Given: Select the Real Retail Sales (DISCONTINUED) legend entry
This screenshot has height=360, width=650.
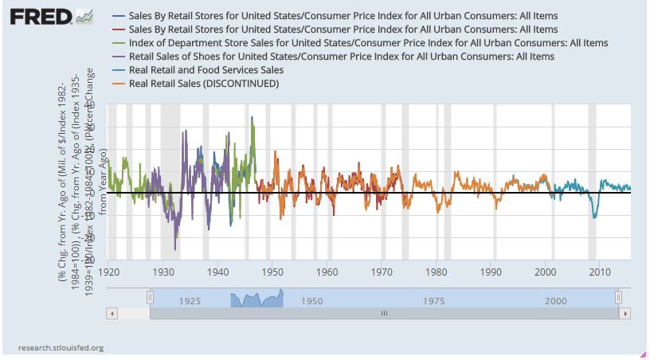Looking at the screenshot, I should pos(203,84).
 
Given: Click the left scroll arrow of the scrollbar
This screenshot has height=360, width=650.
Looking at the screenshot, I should pos(112,313).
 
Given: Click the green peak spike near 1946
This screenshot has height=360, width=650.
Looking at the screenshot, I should pos(253,118).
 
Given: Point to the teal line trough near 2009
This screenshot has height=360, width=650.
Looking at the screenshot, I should pos(593,217).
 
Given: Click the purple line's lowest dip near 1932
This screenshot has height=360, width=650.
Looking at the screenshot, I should pos(175,248).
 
